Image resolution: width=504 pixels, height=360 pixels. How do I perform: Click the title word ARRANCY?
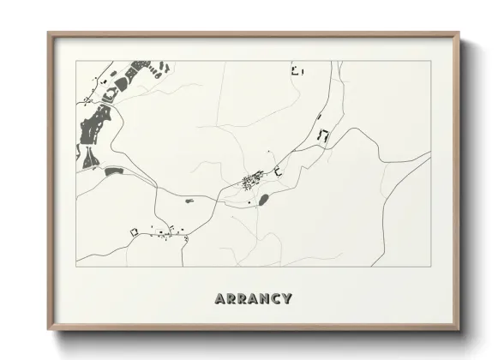coord(254,298)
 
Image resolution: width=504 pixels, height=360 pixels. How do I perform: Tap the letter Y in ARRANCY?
coord(287,298)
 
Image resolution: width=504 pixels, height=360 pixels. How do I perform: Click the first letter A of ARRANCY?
coord(221,298)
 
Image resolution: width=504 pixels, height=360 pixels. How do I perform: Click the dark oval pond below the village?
coord(264,199)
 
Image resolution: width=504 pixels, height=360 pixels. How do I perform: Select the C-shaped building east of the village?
coord(279,173)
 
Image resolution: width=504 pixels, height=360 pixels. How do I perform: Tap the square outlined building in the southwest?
coord(134,232)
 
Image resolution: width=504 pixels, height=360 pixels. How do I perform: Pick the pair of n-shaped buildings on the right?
coord(323,135)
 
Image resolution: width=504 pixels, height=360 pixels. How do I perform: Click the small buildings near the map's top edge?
coord(297,70)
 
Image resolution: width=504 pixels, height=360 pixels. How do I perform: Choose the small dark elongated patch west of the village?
coord(189,201)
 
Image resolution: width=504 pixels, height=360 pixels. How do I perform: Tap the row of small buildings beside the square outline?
coord(167,231)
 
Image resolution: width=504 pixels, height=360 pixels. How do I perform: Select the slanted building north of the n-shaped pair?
coord(319,117)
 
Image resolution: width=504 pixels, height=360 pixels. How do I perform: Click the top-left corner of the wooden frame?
coord(48,34)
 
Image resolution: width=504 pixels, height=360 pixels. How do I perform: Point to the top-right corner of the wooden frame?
coord(459,34)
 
